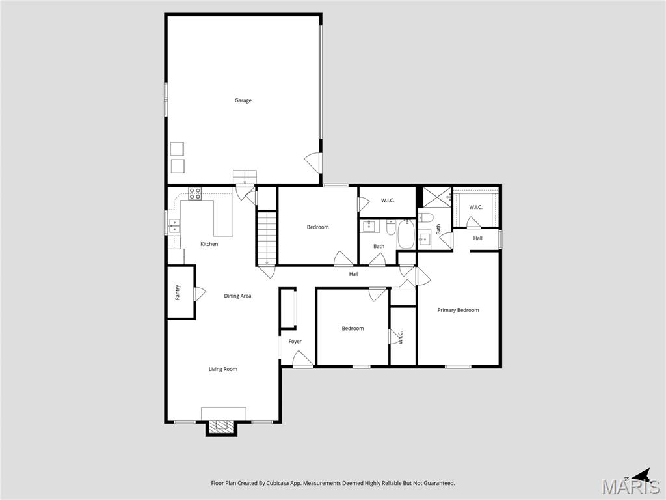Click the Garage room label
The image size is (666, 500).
pos(243,100)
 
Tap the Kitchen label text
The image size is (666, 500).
pos(209,244)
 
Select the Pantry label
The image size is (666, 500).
pos(178,293)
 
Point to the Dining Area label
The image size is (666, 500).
pos(237,296)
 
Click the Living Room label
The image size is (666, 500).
pos(222,369)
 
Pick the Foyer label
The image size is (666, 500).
pos(295,341)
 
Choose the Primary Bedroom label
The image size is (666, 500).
pos(458,310)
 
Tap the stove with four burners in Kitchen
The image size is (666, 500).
pos(195,193)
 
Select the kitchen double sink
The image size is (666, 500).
pos(175,225)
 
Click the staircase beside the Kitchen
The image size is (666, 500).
pos(267,237)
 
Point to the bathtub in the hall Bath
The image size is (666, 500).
pos(406,234)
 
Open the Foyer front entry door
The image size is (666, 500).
pos(302,359)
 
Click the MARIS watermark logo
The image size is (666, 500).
pos(631,487)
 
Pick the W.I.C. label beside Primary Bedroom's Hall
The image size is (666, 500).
pos(475,207)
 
